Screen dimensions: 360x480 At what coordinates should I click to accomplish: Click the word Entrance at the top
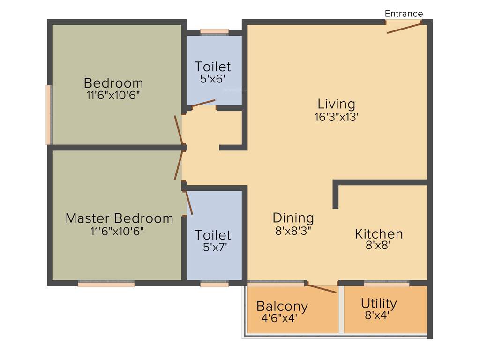pos(404,14)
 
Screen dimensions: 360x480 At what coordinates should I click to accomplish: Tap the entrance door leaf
pos(404,27)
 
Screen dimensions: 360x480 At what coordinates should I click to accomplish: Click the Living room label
pos(336,104)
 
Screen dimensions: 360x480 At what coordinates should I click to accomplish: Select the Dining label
pos(293,217)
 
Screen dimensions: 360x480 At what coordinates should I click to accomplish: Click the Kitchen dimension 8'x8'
pos(378,245)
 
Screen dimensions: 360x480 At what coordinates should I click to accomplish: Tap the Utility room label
pos(379,303)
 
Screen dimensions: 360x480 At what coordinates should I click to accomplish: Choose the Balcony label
pos(282,306)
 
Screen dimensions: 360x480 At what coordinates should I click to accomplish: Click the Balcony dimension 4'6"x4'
pos(279,318)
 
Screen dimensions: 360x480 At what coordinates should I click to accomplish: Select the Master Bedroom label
pos(119,218)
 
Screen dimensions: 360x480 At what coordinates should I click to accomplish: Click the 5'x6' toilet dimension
pos(213,79)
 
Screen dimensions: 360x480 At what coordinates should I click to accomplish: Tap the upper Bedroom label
pos(113,83)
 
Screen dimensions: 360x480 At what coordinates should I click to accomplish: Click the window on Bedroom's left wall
pos(48,115)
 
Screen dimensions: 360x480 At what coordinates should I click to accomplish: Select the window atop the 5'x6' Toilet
pos(214,32)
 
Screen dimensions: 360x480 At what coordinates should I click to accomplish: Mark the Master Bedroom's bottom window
pos(106,284)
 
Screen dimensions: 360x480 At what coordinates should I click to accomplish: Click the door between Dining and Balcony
pos(321,287)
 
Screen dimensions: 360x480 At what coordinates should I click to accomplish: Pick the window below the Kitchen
pos(386,284)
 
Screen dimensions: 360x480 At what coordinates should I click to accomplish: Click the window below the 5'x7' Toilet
pos(214,284)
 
